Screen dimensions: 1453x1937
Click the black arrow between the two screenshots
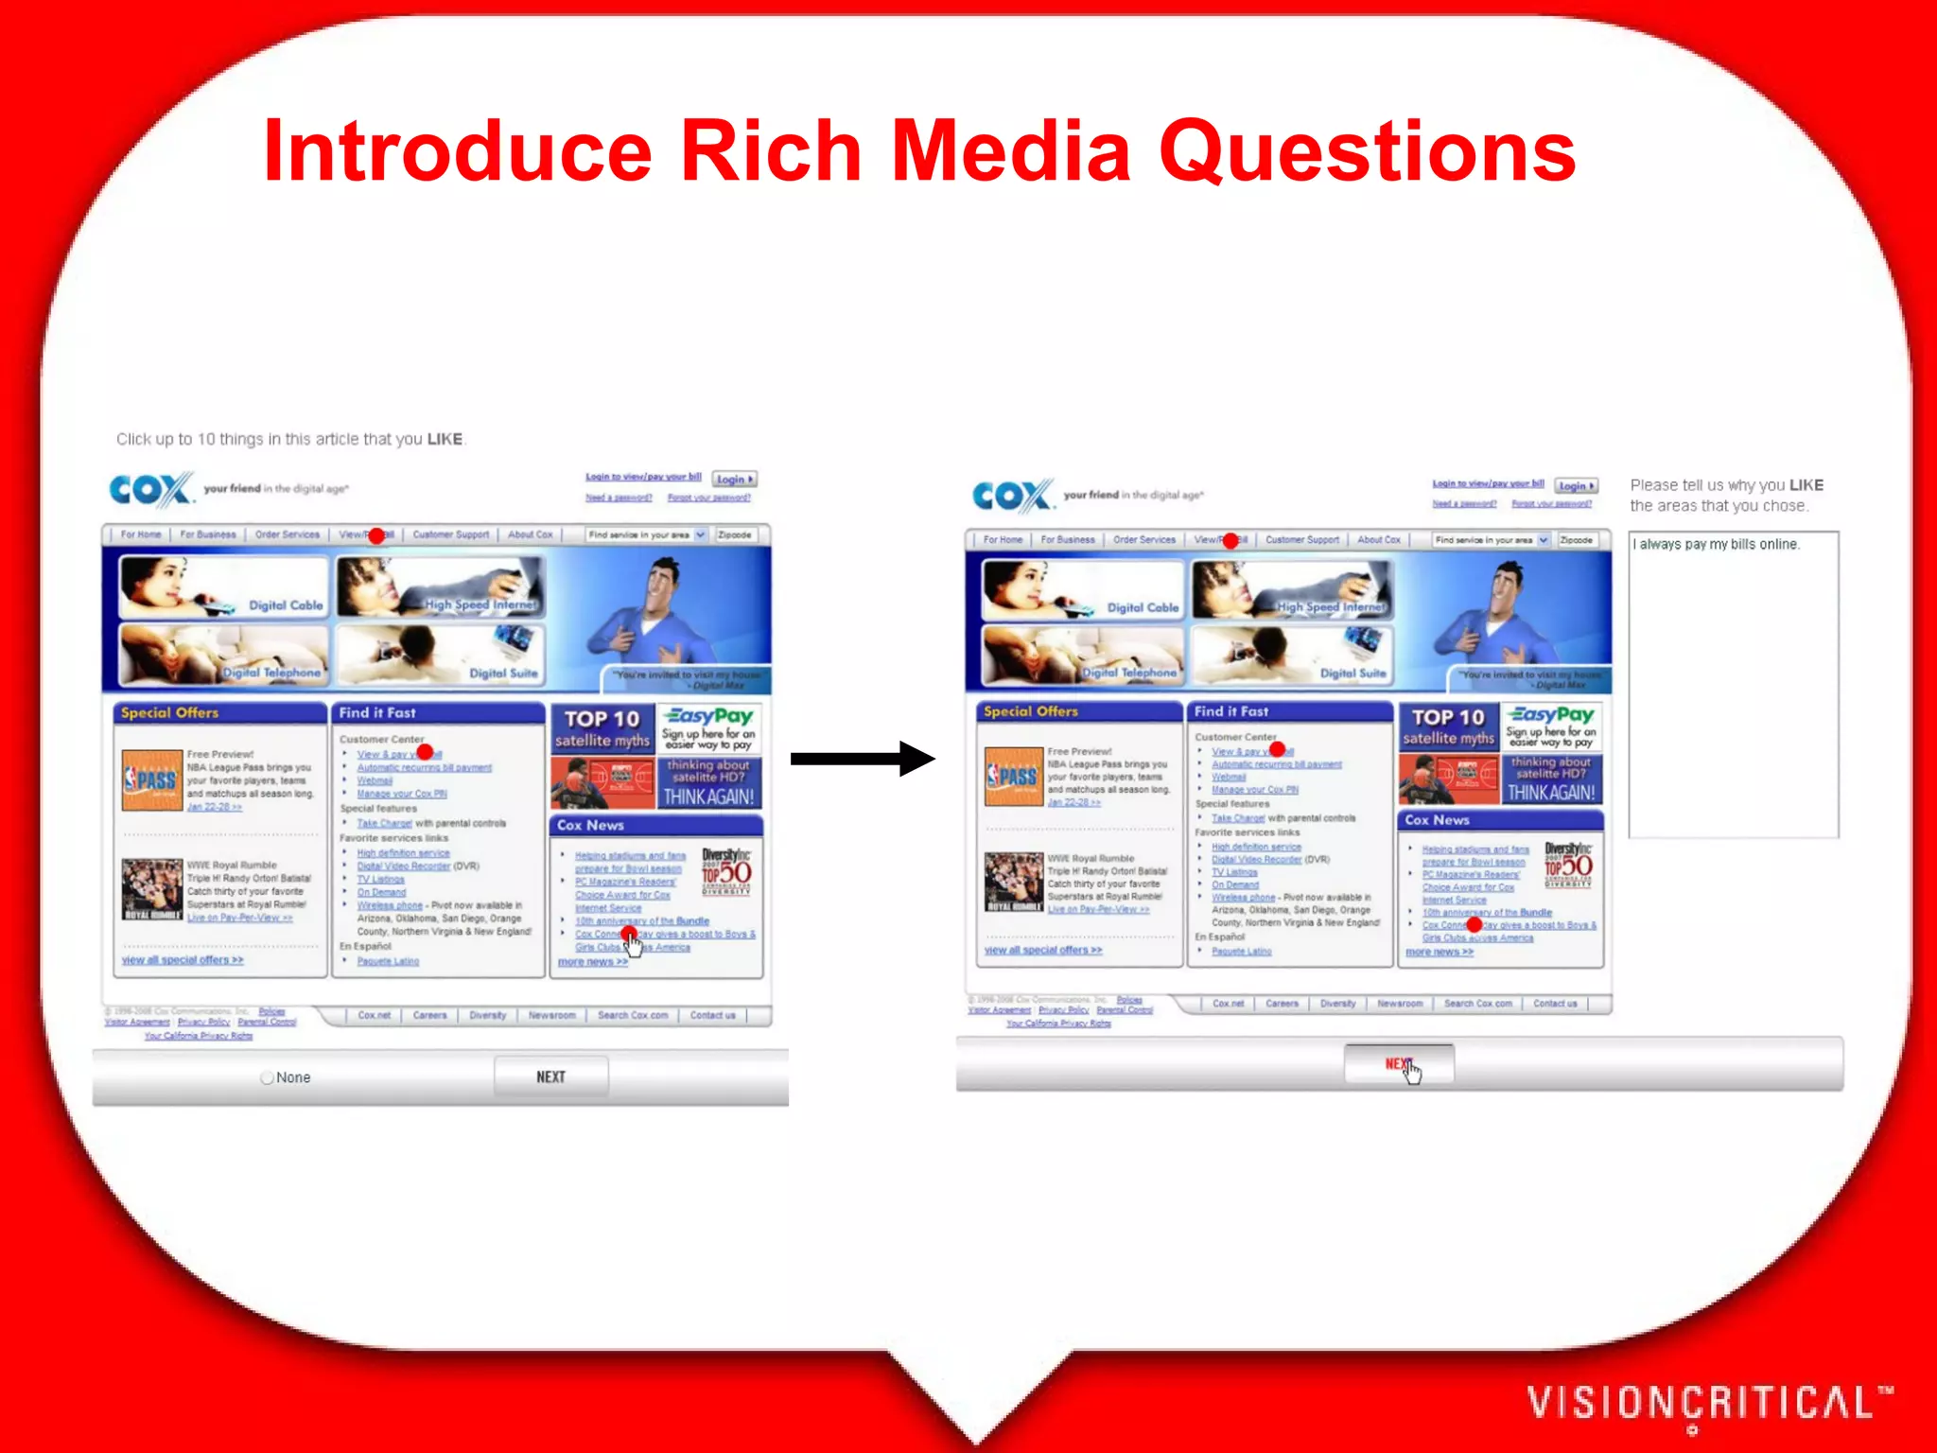coord(861,758)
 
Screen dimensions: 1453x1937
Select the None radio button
coord(268,1077)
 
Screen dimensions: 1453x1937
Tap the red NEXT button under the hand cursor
coord(1398,1064)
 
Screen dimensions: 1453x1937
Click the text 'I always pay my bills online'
coord(1718,545)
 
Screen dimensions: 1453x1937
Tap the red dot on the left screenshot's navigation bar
coord(376,535)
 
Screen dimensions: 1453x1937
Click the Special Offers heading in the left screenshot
coord(170,713)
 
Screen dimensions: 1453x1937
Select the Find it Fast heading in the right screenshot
coord(1231,711)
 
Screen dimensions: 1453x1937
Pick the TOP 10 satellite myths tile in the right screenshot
coord(1448,726)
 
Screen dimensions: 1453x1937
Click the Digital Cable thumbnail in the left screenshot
coord(223,586)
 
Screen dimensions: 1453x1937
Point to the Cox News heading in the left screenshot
coord(591,826)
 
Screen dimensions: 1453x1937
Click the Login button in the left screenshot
coord(734,480)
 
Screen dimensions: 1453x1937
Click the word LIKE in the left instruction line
coord(445,439)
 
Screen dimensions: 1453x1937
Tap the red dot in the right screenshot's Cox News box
coord(1474,924)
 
